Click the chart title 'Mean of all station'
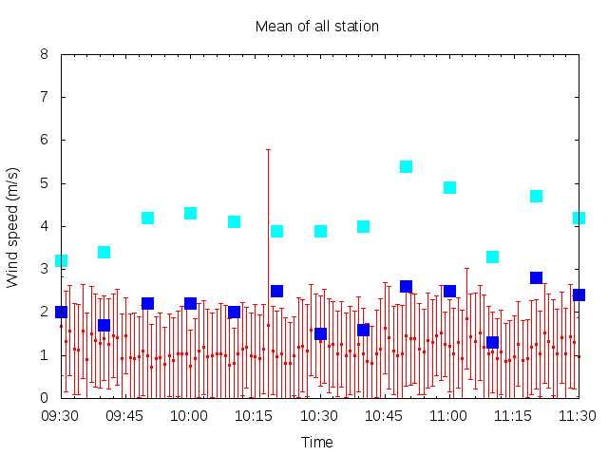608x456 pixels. click(316, 27)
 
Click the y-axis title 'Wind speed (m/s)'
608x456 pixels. click(12, 228)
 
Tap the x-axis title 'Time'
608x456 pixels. click(316, 442)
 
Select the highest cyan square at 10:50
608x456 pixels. click(406, 167)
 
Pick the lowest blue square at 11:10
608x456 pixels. click(492, 342)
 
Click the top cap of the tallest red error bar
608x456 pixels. click(268, 149)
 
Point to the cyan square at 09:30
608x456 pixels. click(61, 261)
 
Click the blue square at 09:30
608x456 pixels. click(61, 312)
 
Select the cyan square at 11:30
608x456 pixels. click(579, 218)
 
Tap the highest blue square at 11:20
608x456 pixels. click(536, 277)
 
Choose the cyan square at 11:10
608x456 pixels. click(492, 256)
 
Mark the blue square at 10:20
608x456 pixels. click(276, 291)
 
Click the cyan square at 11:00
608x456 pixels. click(449, 188)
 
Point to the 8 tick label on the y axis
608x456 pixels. click(44, 54)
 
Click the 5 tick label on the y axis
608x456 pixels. click(44, 183)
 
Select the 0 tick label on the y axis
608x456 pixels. click(44, 397)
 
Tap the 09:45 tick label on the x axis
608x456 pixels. click(124, 416)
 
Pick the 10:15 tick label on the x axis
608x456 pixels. click(254, 416)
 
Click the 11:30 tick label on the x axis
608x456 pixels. click(577, 416)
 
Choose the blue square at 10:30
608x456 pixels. click(321, 333)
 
